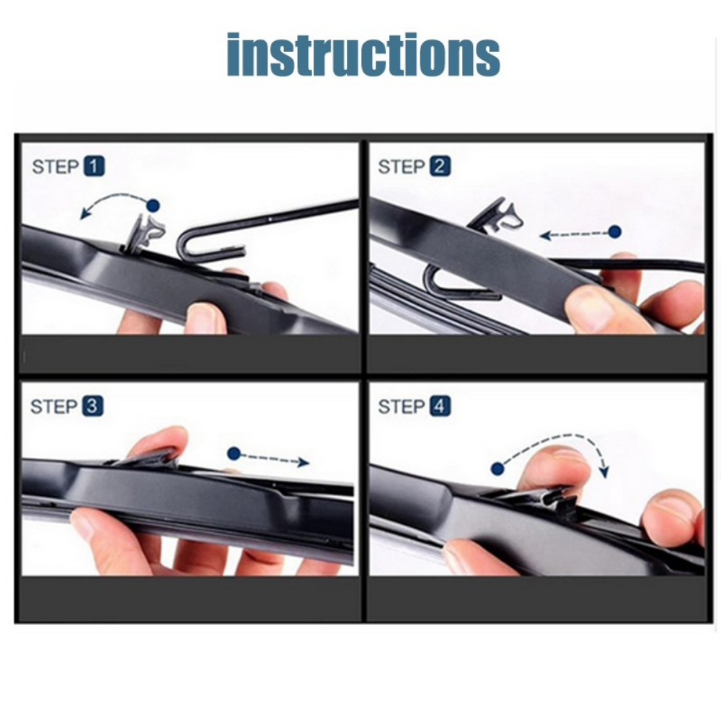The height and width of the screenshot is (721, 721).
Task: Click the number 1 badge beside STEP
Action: pos(94,167)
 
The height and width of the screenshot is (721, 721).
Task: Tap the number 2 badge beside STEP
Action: pos(440,167)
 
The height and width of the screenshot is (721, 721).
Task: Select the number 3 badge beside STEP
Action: pos(92,407)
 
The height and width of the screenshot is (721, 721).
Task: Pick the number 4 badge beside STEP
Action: pos(440,407)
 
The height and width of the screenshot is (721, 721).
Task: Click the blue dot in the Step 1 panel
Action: pos(152,205)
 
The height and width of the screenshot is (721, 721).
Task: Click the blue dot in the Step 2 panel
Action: pos(614,231)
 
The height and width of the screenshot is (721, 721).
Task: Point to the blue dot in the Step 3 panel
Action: pos(234,454)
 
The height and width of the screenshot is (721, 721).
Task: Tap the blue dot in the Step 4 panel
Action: pos(497,469)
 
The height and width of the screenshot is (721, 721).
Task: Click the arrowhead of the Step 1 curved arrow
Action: pos(86,212)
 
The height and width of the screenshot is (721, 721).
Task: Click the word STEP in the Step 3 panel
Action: pos(53,407)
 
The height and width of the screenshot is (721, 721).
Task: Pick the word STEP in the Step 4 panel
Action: pos(401,407)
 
